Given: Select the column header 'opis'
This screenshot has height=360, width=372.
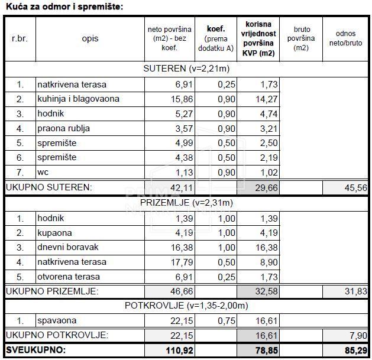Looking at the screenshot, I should click(x=90, y=39).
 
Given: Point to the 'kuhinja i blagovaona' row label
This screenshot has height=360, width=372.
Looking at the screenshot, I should click(x=78, y=99).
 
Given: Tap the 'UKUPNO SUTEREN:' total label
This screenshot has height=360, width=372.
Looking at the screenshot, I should click(x=49, y=187).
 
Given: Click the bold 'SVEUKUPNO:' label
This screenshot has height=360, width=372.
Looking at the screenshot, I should click(x=36, y=351).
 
